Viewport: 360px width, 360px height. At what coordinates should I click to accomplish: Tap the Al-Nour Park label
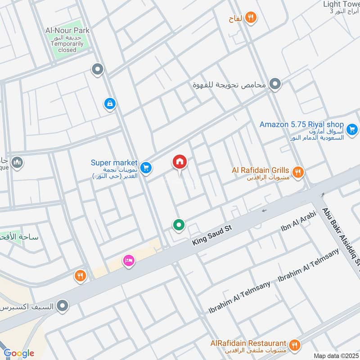tap(67, 31)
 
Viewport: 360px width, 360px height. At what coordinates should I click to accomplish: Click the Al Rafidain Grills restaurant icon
tap(297, 172)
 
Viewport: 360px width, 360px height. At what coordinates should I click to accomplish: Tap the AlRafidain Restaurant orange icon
tap(294, 345)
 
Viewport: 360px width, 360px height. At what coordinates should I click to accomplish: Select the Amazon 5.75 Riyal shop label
tap(301, 125)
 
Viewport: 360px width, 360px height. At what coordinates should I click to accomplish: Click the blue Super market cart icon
tap(145, 168)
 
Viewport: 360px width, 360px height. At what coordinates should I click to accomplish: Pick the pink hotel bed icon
tap(129, 261)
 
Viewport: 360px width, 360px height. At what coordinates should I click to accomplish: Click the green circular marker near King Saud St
tap(179, 224)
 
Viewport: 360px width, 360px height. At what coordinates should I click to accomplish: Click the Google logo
tap(19, 353)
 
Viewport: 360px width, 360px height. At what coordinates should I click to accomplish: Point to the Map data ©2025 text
tap(335, 355)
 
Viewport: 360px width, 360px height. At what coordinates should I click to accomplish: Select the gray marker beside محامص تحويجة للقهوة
tap(275, 84)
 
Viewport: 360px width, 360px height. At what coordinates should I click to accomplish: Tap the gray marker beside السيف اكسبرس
tap(63, 306)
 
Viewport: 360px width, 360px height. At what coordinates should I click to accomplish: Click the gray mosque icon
tap(17, 162)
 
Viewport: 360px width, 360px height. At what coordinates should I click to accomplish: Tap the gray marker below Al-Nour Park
tap(97, 69)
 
